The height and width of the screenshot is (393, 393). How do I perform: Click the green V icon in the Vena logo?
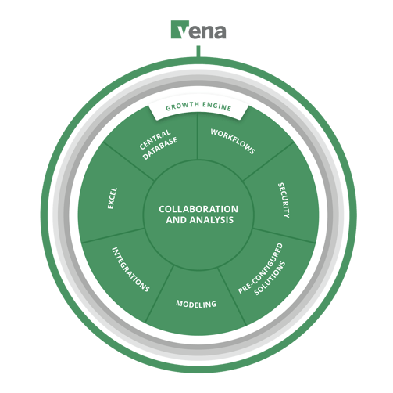point(180,30)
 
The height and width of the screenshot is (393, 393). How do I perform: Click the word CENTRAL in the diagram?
point(155,140)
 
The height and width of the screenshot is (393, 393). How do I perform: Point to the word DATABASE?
point(160,148)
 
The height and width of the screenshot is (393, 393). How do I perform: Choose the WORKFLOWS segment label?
point(233,142)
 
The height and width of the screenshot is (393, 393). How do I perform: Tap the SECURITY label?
point(284,200)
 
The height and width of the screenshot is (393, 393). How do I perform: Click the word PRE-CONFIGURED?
point(260,269)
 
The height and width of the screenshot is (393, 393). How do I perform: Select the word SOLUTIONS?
point(270,278)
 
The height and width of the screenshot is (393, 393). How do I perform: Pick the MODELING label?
point(196,304)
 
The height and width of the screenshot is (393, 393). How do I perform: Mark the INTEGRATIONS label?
point(130,269)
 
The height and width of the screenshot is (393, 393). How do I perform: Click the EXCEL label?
point(113,198)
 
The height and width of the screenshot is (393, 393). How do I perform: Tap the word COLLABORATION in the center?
point(198,209)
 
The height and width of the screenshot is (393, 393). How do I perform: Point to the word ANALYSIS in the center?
point(212,220)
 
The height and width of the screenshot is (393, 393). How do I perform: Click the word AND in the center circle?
point(177,220)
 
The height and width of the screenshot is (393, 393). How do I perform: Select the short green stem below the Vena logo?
point(198,51)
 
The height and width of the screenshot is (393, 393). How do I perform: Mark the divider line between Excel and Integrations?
point(113,236)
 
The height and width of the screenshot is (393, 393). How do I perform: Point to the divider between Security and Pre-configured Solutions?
point(284,236)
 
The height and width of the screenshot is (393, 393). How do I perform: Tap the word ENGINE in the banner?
point(217,106)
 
